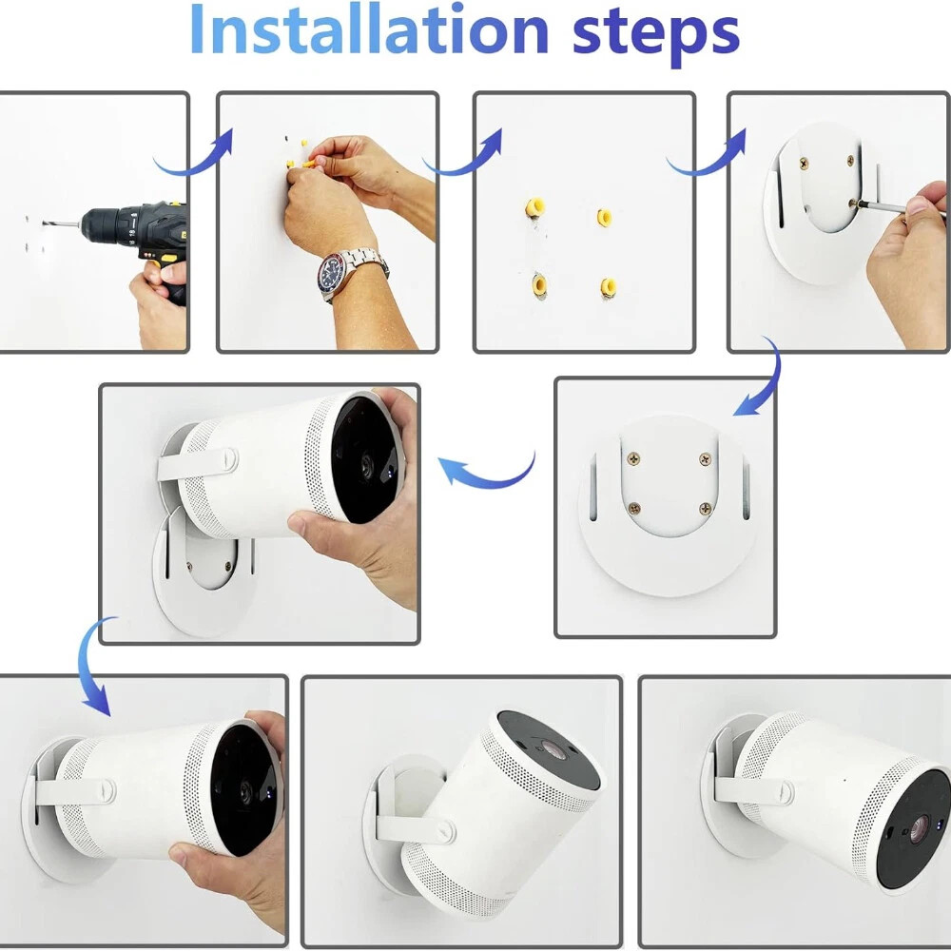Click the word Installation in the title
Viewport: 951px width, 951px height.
(369, 29)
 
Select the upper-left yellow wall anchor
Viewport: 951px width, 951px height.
(534, 207)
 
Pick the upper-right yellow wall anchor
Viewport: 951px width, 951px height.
(604, 217)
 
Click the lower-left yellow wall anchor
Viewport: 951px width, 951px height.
(538, 284)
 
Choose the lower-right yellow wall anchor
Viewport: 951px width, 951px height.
(609, 287)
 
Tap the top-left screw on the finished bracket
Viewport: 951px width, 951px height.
(634, 459)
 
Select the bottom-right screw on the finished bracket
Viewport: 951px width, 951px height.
(705, 508)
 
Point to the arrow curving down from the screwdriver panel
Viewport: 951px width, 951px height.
(762, 381)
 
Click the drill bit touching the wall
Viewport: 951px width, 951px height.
(62, 224)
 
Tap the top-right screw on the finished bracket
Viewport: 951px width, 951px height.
(706, 459)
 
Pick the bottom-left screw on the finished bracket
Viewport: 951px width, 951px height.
(634, 508)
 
